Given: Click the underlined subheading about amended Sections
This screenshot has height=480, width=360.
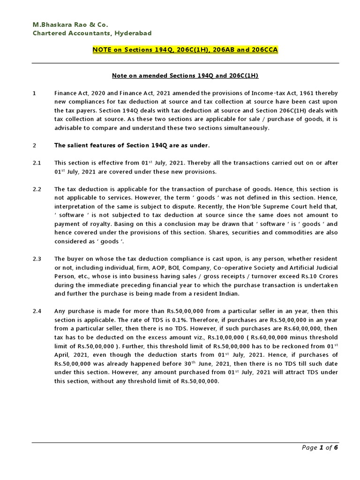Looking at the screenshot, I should click(x=185, y=75).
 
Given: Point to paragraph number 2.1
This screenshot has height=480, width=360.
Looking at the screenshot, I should click(x=37, y=163).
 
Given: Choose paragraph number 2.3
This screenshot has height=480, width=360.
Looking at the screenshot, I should click(x=37, y=259).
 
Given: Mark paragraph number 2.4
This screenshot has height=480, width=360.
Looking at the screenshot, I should click(x=37, y=311).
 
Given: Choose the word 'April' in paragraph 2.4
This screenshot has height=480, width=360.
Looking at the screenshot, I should click(x=63, y=355).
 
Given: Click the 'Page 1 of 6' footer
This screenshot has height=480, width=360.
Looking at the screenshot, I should click(x=320, y=448).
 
